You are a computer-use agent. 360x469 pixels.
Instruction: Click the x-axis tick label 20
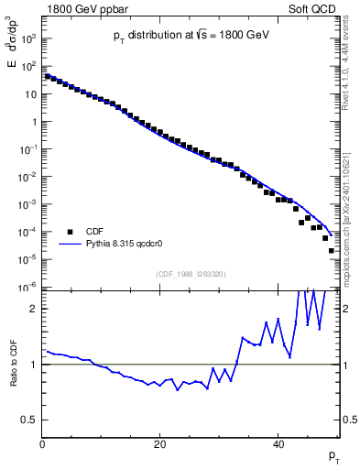(160, 444)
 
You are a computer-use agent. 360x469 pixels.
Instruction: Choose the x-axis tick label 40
(278, 444)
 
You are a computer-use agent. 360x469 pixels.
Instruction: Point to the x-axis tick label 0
(42, 444)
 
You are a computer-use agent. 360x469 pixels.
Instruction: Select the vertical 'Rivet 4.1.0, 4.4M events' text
(349, 75)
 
